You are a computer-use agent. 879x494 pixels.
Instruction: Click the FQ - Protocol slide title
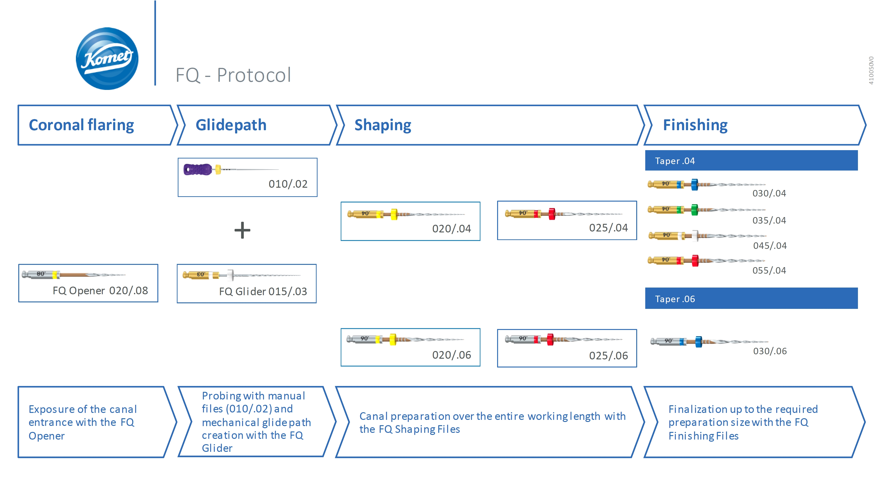(233, 75)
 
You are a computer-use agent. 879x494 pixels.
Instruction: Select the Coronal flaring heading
(81, 125)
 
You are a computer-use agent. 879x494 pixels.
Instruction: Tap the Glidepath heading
(231, 125)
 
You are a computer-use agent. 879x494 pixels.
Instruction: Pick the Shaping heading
(383, 125)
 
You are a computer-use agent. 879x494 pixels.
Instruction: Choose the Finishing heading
(695, 125)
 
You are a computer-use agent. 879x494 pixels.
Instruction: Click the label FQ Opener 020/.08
(100, 291)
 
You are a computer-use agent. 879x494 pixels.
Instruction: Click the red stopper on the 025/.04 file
(552, 214)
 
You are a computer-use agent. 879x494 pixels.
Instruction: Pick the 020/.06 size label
(452, 355)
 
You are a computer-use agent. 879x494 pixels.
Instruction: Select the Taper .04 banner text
(675, 161)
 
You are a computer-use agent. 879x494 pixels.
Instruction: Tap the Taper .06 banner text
(675, 299)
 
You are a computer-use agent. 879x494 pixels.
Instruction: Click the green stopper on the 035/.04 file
(694, 209)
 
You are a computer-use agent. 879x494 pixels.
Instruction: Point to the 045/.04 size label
(770, 246)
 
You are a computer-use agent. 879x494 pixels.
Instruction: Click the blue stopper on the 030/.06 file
(698, 341)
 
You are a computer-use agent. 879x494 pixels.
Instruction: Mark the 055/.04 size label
(769, 271)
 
